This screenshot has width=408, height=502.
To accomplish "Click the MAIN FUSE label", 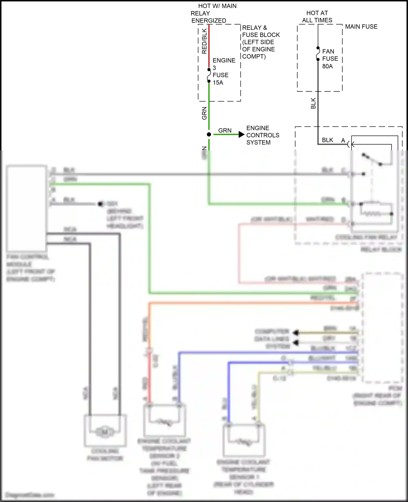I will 361,27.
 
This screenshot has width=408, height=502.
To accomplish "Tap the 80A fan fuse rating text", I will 327,66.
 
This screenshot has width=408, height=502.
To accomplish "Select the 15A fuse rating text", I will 218,83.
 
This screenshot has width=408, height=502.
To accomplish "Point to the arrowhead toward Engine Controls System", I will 241,134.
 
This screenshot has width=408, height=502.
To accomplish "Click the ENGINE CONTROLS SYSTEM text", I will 262,135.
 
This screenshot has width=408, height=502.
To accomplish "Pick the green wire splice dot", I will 209,134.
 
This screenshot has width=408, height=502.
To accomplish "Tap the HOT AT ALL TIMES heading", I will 317,17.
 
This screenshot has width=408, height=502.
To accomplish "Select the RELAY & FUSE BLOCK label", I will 260,42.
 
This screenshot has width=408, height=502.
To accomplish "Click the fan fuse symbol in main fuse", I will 318,54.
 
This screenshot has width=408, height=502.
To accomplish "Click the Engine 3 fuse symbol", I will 209,75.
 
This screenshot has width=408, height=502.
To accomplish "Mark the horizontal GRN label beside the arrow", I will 225,131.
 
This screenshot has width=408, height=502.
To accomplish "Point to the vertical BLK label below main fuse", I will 313,103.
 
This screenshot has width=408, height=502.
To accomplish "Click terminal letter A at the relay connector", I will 343,141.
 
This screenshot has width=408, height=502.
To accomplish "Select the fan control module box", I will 26,208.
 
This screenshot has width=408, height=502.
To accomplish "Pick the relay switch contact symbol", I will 372,160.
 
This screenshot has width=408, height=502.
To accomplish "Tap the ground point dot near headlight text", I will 101,204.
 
